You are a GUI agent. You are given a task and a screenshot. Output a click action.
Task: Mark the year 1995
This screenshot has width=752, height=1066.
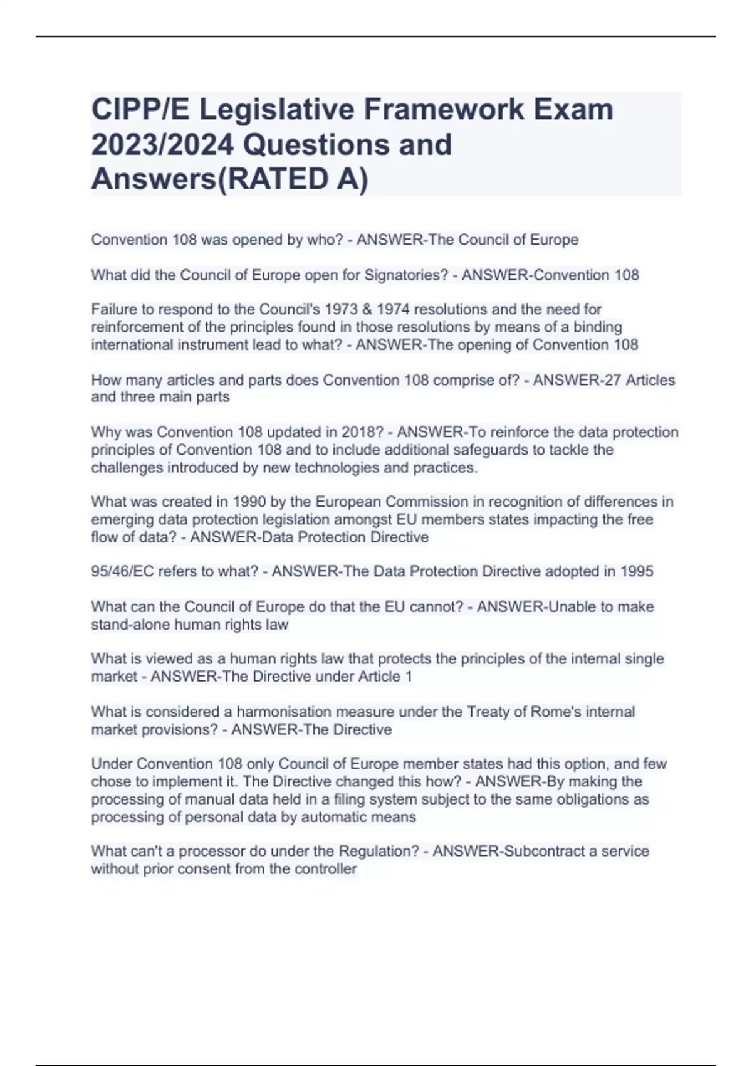point(637,571)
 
